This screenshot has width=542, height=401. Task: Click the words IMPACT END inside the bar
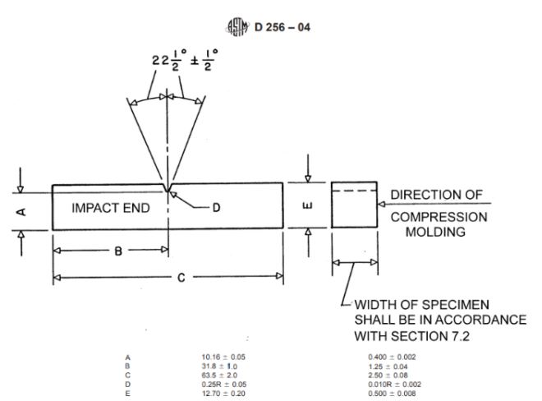tap(111, 208)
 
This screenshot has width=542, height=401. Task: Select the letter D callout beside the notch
tap(216, 208)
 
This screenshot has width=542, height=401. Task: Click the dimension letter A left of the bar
tap(22, 211)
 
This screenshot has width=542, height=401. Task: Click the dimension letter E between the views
tap(308, 205)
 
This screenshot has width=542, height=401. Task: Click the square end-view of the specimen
tap(354, 205)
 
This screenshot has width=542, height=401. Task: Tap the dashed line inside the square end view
tap(354, 192)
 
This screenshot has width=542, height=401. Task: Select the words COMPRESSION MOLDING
tap(438, 224)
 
